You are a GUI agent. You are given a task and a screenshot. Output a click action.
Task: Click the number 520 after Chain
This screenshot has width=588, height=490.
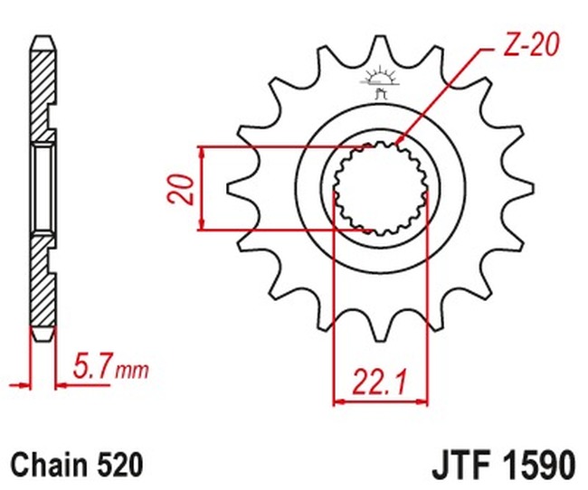coord(119,465)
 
